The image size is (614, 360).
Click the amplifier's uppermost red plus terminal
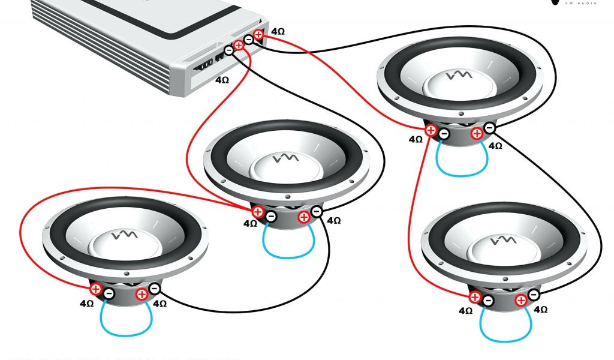[258, 35]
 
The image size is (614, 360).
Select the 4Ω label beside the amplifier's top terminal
[278, 31]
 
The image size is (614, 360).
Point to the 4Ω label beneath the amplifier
[222, 79]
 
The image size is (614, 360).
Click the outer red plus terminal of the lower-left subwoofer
[96, 289]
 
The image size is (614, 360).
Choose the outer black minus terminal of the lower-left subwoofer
[155, 289]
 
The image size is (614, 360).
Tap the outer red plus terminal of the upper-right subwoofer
[431, 129]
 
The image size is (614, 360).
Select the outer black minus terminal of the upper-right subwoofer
[489, 128]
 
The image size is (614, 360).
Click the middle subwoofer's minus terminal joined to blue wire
[271, 217]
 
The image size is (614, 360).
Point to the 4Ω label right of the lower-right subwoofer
[540, 310]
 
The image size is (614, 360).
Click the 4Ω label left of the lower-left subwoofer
[86, 303]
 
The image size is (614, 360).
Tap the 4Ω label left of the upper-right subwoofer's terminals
[416, 139]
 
